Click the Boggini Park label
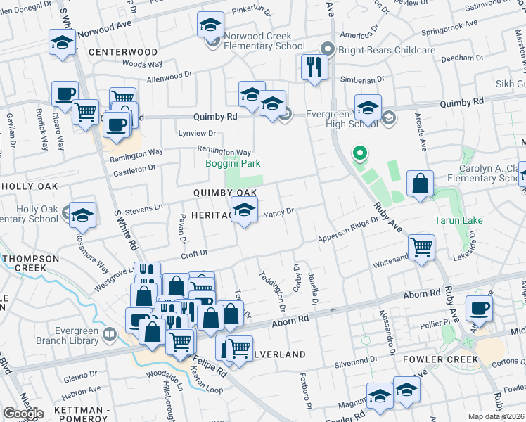coord(233,163)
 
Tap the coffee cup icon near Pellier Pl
coord(479,307)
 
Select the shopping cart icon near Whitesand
coord(421,246)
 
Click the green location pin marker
coord(359,153)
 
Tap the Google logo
coord(23,414)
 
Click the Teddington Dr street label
coord(273,291)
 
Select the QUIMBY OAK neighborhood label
coord(225,193)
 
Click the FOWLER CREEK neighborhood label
coord(441,359)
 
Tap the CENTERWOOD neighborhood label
coord(124,52)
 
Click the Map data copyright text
coord(496,416)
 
